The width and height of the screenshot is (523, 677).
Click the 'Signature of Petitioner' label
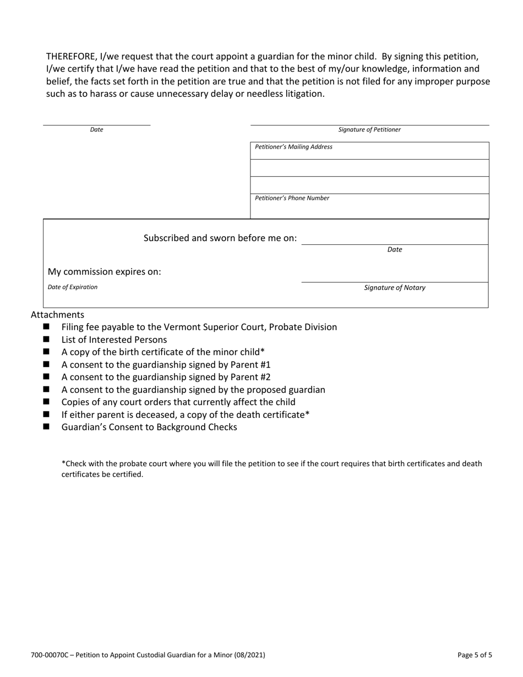(369, 130)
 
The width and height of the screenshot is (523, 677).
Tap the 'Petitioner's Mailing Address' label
(293, 147)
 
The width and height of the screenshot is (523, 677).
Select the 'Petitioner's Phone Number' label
(292, 198)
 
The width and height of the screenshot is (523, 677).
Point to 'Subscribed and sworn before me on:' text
(220, 238)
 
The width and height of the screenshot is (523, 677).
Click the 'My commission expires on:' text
(105, 271)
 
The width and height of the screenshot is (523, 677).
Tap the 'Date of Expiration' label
(73, 287)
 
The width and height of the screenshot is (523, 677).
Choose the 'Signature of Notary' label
(395, 288)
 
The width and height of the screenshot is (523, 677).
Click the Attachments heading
(57, 315)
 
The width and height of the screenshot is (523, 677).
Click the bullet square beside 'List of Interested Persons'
(46, 340)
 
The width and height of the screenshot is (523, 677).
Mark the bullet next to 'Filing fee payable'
(46, 327)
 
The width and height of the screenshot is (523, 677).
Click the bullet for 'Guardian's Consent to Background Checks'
(46, 427)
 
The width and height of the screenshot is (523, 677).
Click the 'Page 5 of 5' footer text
(475, 655)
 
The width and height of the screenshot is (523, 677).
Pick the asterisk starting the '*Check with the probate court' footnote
(63, 463)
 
